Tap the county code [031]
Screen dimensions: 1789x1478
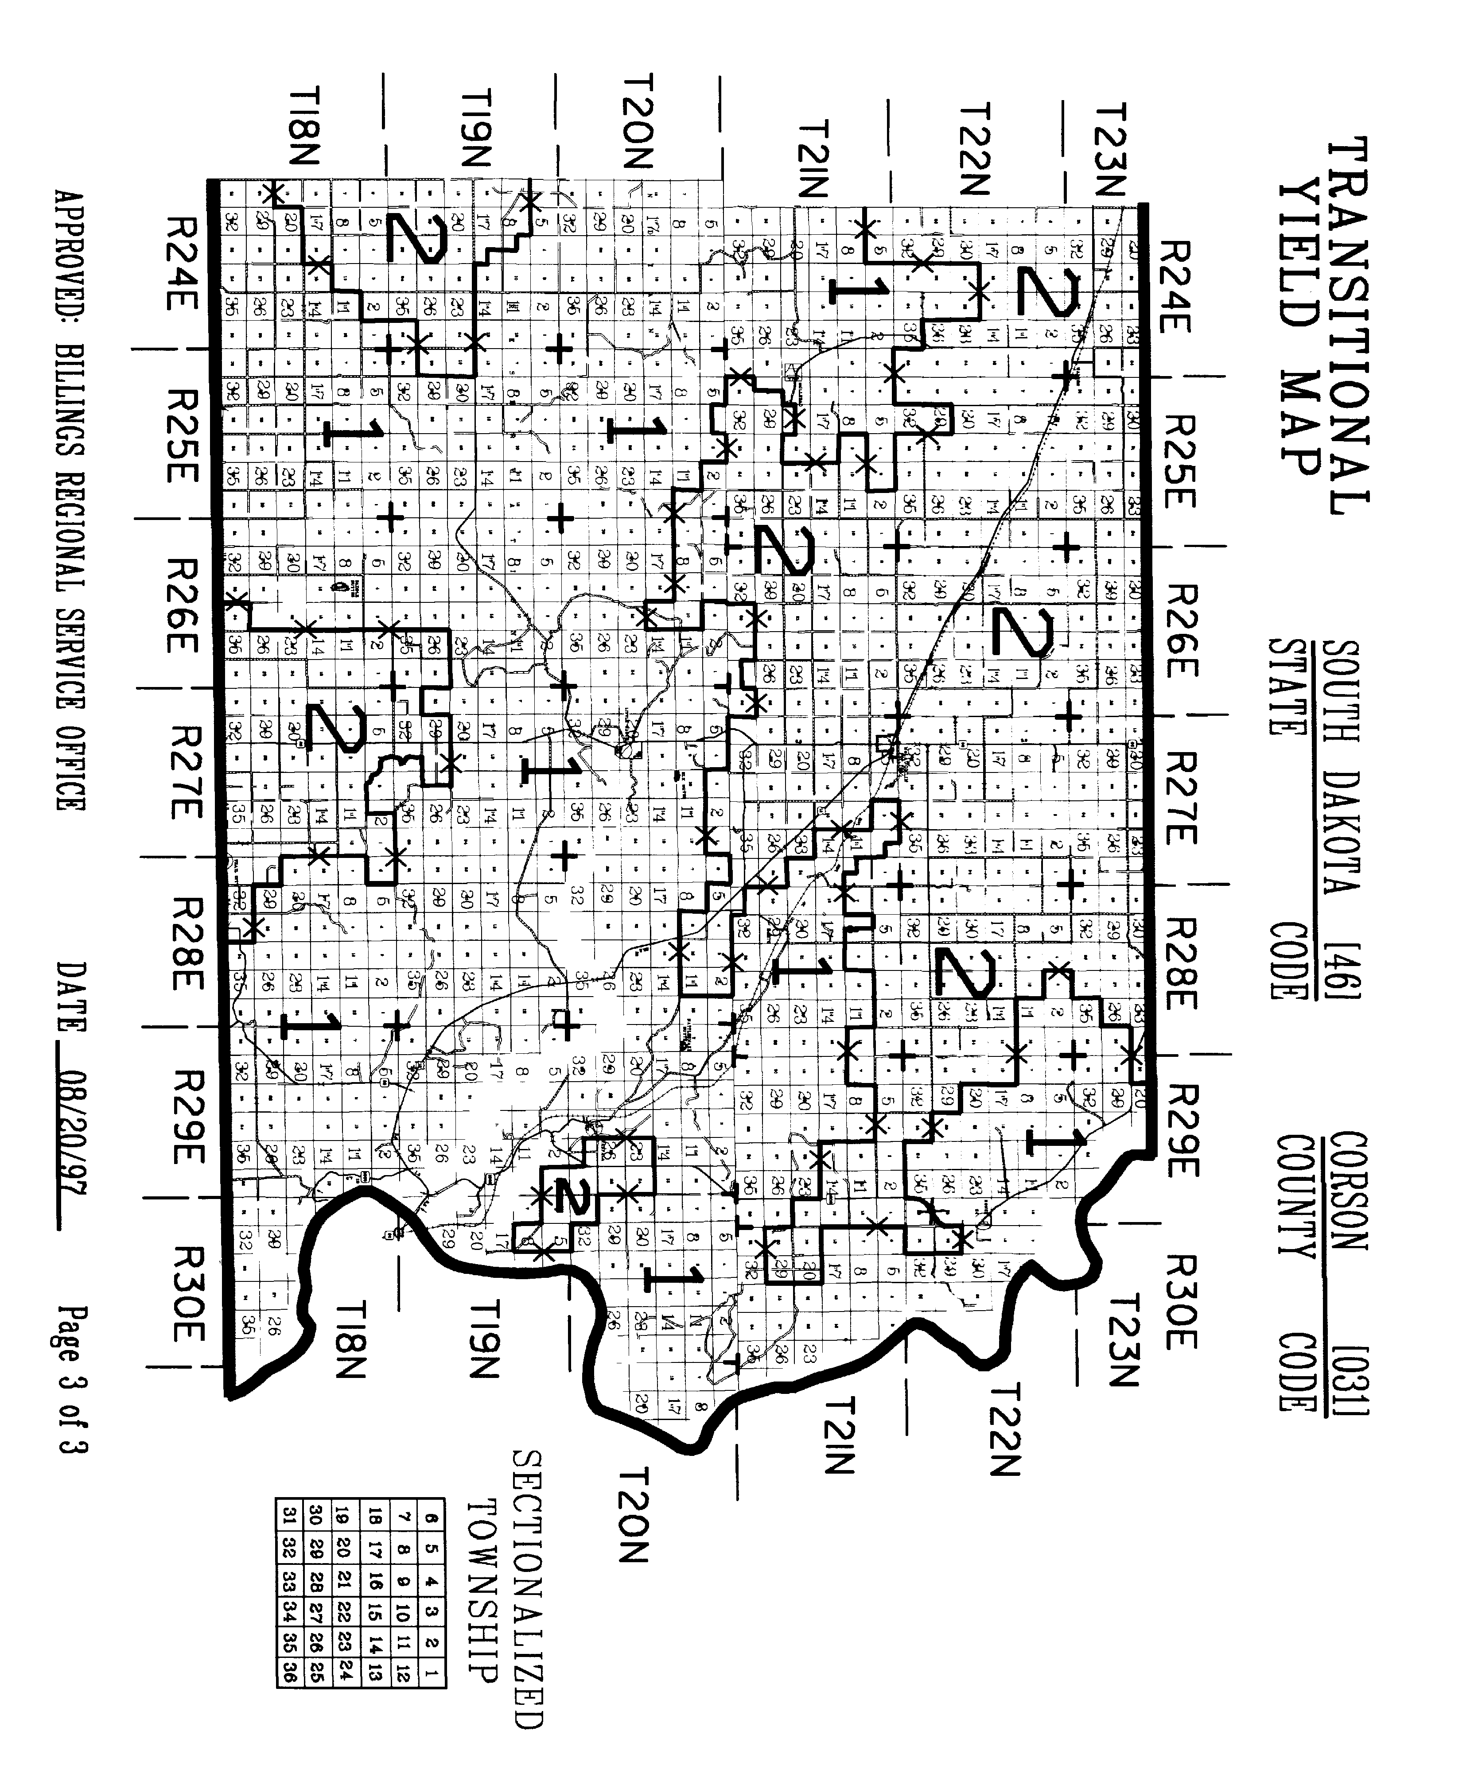(1350, 1370)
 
